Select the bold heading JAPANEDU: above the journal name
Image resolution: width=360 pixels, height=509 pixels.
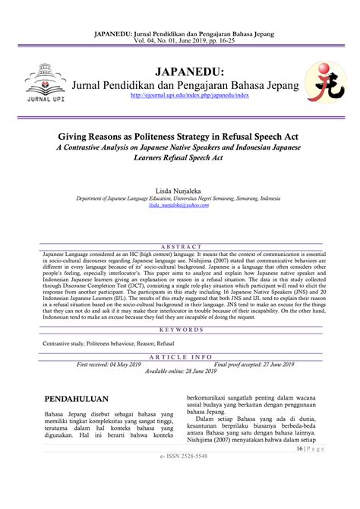coord(179,71)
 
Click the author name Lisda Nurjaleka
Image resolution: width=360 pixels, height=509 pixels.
coord(179,186)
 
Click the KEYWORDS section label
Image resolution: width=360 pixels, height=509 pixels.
coord(179,309)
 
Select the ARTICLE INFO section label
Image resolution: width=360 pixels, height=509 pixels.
coord(179,334)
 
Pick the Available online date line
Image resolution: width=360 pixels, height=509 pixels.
coord(179,350)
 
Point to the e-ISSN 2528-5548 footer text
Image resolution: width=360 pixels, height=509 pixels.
coord(180,456)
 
